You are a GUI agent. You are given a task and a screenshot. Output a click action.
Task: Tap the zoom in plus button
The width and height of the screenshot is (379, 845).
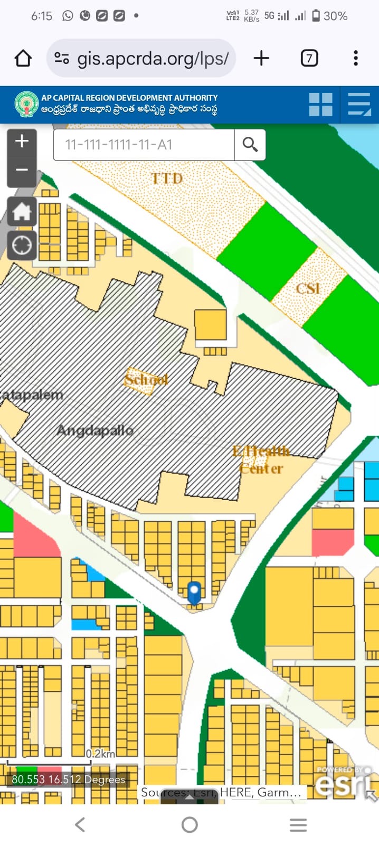coord(22,142)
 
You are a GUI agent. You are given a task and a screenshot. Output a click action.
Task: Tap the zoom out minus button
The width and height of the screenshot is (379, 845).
coord(22,170)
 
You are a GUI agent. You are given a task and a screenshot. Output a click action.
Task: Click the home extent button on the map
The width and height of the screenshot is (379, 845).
coord(22,212)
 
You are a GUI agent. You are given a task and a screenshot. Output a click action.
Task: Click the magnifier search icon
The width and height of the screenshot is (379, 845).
coord(250,144)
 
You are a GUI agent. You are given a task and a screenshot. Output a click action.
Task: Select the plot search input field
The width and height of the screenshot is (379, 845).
coord(144,144)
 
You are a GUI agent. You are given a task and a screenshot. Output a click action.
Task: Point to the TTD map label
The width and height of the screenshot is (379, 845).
coord(167,179)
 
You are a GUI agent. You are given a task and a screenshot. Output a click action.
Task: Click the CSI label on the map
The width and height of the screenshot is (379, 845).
coord(308,288)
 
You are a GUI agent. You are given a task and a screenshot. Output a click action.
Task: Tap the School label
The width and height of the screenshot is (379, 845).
coord(146,379)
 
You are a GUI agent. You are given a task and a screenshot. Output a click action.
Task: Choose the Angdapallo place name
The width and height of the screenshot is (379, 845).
coord(95,430)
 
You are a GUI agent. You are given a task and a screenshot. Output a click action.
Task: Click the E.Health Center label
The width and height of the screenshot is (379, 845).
coord(261,460)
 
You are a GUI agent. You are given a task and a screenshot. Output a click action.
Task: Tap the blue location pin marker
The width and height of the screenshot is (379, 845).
coord(194,591)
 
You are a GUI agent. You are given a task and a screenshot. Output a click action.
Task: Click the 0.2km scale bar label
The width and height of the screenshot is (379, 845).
coord(100,754)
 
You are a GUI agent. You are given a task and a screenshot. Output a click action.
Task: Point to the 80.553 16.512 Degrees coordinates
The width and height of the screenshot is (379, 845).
coord(68,780)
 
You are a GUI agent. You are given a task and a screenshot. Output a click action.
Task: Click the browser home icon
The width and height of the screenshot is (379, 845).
coord(23,58)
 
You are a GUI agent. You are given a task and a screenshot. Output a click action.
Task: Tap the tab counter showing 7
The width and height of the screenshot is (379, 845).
coord(309,58)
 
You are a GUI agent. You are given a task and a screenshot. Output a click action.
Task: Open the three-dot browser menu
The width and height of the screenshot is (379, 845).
coord(356,58)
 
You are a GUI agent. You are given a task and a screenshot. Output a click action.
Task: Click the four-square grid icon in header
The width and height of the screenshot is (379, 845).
coord(321,105)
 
